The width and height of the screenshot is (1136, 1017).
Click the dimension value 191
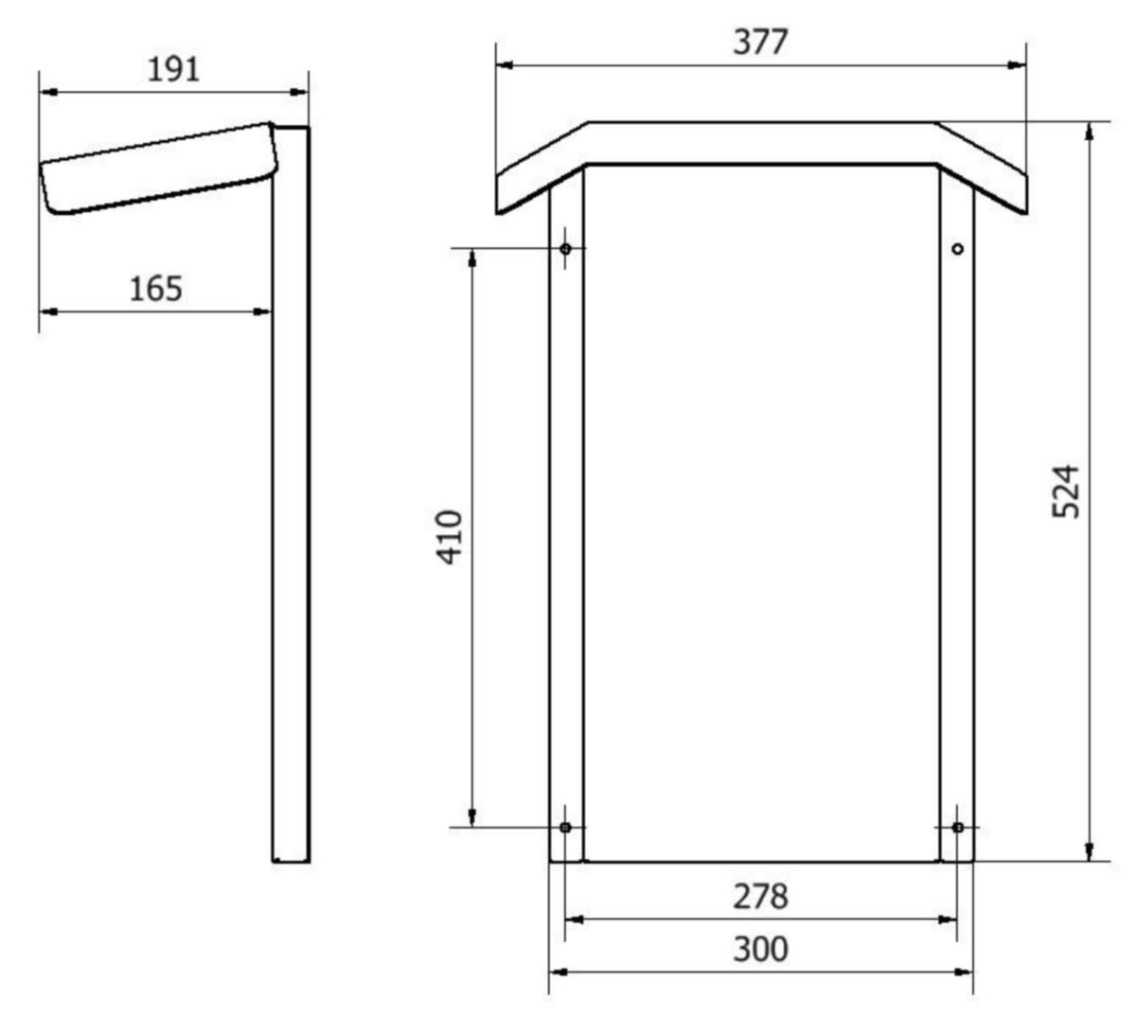tap(173, 70)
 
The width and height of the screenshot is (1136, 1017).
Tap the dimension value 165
tap(156, 289)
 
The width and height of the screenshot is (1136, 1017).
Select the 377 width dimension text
tap(760, 42)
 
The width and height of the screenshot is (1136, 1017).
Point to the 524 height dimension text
tap(1065, 492)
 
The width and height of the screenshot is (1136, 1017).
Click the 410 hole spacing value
tap(450, 537)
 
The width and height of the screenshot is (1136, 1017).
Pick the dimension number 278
tap(760, 897)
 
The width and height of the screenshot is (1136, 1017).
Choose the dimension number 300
tap(760, 949)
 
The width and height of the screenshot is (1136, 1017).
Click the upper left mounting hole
tap(565, 248)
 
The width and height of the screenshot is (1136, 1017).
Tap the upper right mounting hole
tap(958, 249)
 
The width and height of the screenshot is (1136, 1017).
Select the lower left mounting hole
tap(565, 828)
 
